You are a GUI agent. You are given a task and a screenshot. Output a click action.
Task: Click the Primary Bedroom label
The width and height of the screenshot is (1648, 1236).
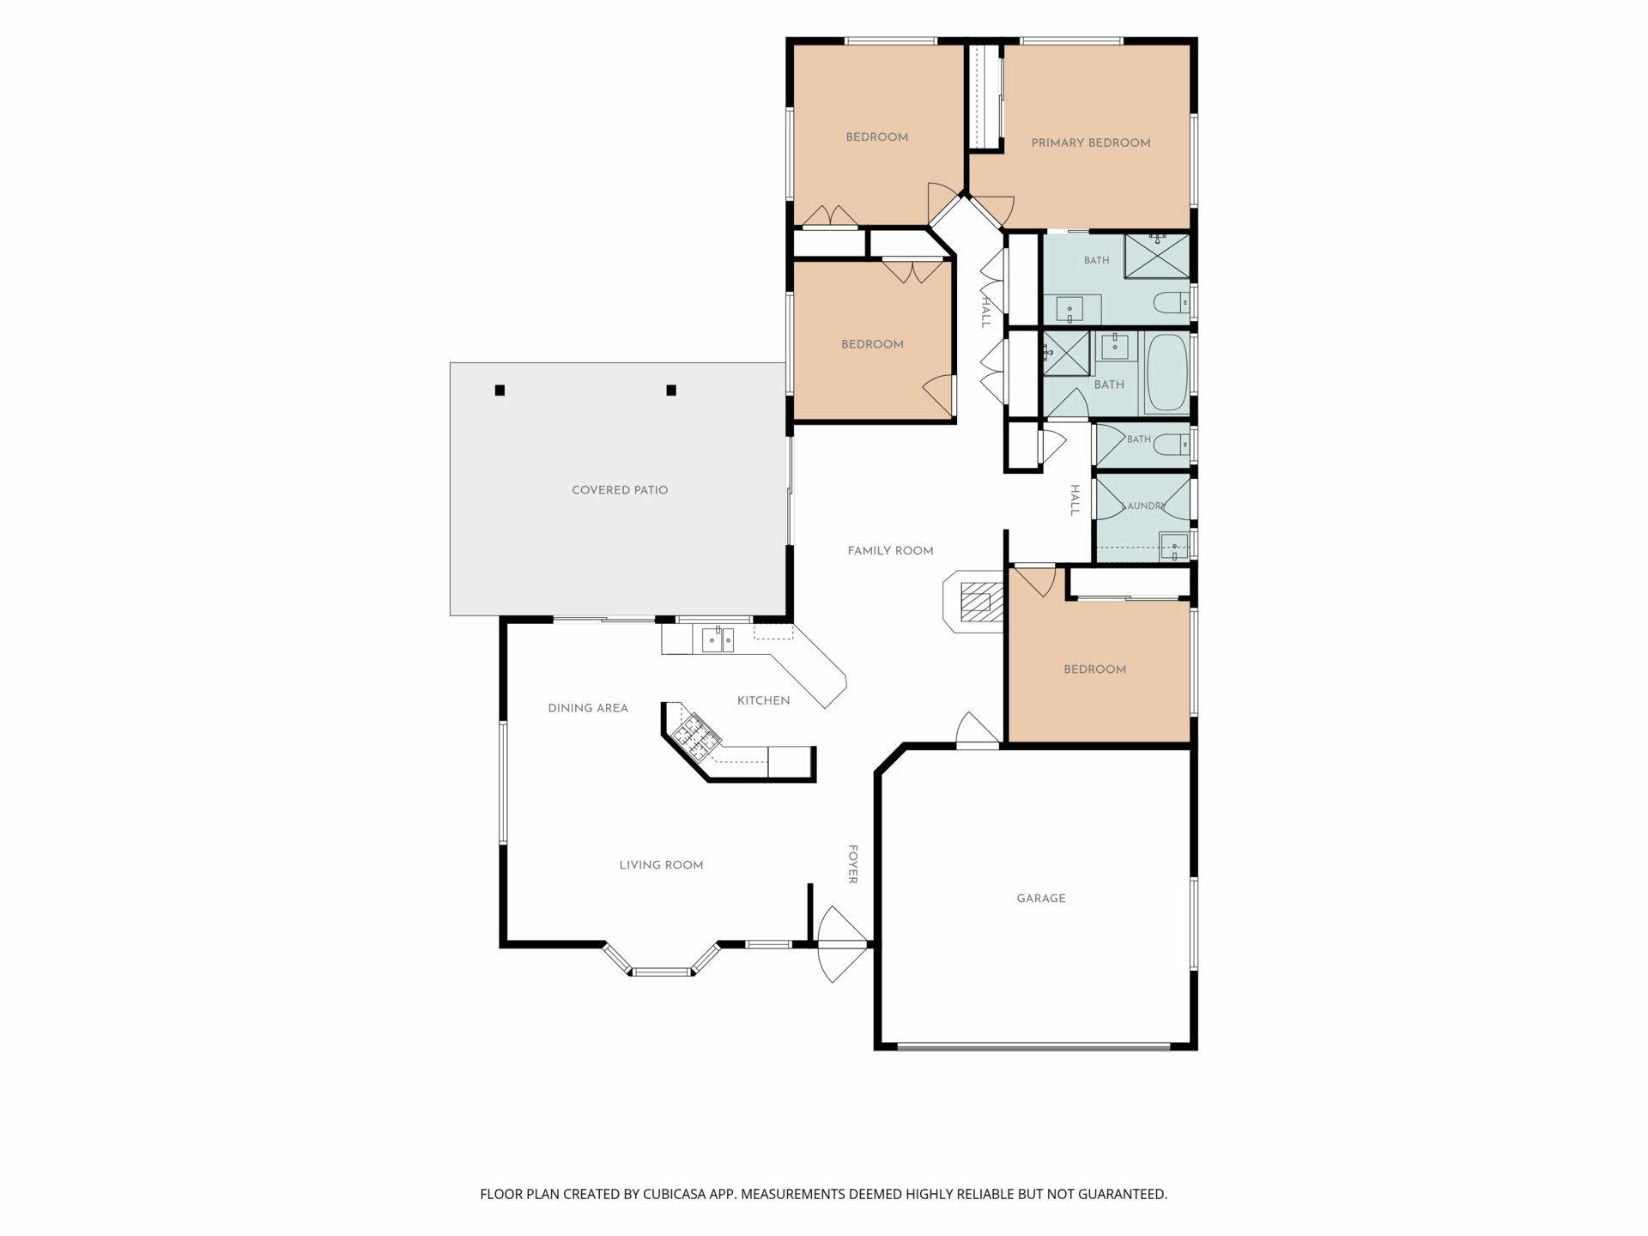click(1090, 143)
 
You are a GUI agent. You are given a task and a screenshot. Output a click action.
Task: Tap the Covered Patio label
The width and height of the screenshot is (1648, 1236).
click(620, 490)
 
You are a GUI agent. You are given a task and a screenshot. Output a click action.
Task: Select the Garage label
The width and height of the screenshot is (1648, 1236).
click(1041, 899)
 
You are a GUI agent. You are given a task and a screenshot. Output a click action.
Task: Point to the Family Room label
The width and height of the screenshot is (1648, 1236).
click(890, 551)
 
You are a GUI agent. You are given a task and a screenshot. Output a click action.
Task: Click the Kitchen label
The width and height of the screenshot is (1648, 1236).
click(763, 701)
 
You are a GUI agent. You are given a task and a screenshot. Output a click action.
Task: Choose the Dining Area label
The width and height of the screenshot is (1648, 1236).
click(588, 708)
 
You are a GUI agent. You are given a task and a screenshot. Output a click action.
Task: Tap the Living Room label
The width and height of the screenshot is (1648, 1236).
click(661, 865)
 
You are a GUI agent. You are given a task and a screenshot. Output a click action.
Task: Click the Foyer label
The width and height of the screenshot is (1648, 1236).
click(853, 864)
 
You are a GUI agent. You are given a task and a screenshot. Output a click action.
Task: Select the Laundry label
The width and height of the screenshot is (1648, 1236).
click(1144, 506)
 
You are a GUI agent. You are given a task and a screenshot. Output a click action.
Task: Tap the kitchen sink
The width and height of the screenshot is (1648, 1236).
click(718, 639)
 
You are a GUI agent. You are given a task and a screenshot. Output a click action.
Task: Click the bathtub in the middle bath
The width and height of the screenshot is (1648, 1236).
click(1167, 374)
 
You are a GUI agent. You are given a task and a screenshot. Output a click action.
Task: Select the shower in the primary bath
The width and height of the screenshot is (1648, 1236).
click(1157, 256)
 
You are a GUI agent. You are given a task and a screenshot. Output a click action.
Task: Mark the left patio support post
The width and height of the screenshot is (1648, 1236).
click(500, 391)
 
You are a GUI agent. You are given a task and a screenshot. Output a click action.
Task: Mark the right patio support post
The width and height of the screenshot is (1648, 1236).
click(671, 391)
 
